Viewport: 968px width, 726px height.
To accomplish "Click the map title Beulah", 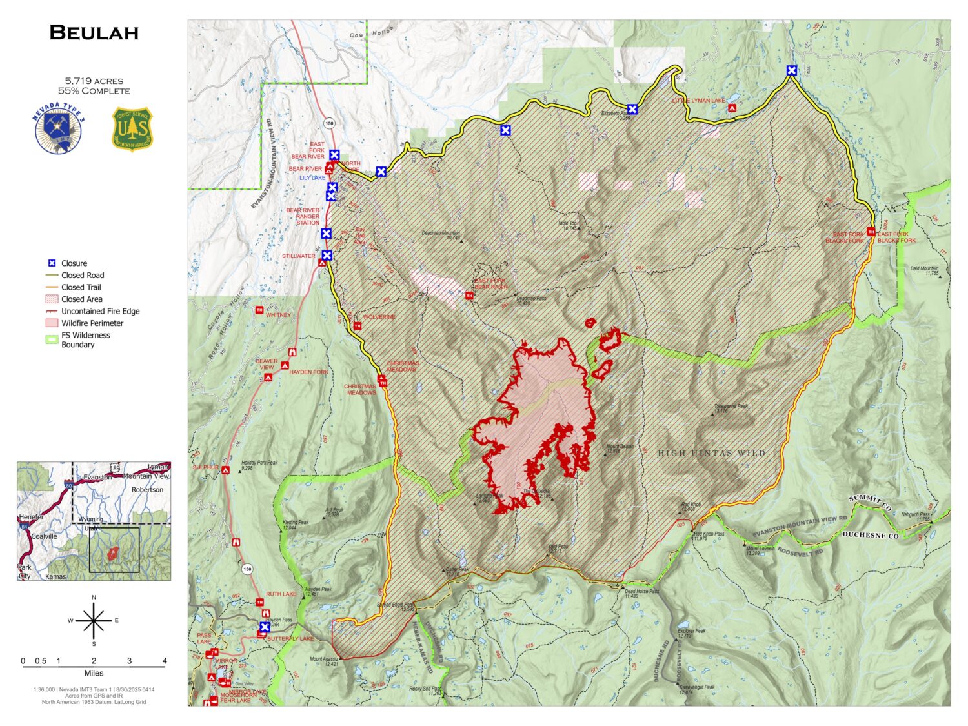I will (94, 33).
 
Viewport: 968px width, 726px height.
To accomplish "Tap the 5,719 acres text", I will (94, 81).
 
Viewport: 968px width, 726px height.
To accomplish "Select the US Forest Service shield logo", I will (132, 129).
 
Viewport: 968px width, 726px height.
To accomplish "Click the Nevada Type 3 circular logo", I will (59, 130).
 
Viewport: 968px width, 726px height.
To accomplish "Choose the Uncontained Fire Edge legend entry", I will (100, 311).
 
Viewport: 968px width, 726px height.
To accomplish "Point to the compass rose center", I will (94, 621).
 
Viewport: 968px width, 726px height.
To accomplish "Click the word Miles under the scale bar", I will (94, 673).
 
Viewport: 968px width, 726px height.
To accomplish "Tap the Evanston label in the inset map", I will (97, 478).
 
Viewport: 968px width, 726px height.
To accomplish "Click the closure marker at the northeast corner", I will (791, 70).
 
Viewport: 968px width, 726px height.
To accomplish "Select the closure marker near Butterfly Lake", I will (265, 627).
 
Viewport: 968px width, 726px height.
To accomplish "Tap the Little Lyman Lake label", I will (698, 101).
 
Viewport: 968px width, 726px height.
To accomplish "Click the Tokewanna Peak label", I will (731, 407).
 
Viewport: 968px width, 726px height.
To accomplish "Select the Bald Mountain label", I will (924, 269).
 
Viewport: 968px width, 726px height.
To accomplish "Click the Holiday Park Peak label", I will (259, 463).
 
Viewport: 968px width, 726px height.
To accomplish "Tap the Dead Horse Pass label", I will (641, 591).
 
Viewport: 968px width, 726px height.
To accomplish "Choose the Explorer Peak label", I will (692, 632).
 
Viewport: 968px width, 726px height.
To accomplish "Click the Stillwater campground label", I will (298, 256).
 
